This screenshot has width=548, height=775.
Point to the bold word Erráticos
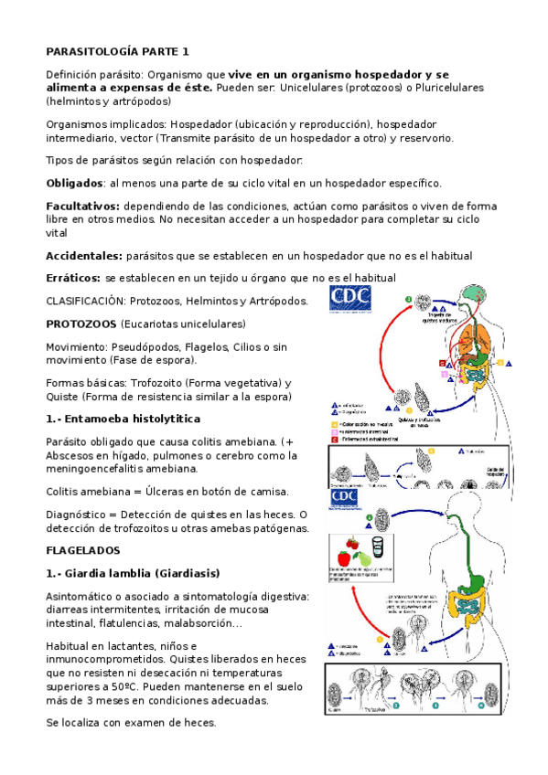73,277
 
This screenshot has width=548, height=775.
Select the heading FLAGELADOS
90,551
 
